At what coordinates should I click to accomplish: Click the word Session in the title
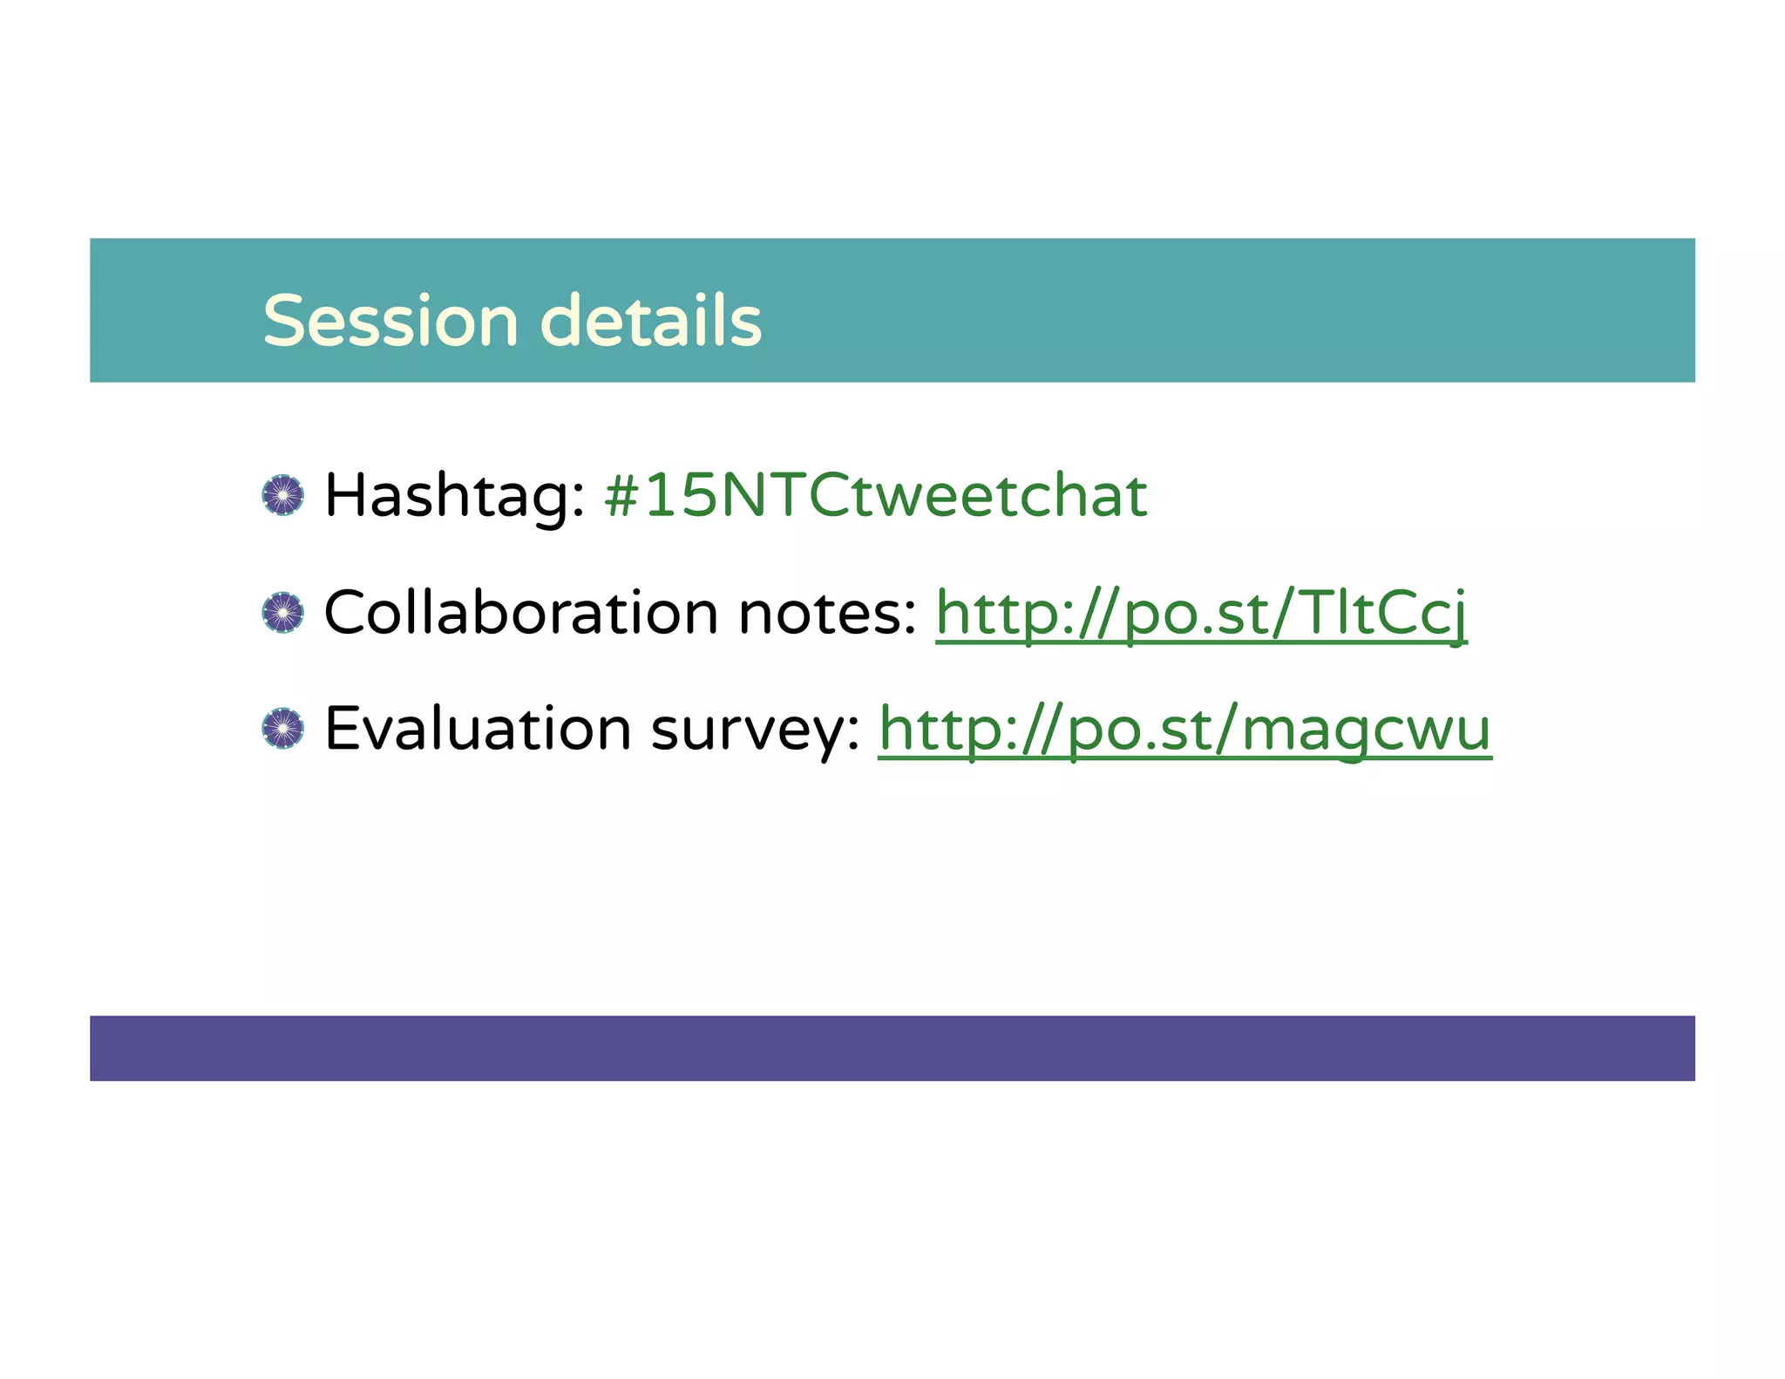point(390,321)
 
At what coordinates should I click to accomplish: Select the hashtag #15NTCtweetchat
point(876,495)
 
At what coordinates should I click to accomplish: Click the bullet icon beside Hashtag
point(283,495)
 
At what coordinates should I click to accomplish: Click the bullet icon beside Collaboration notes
point(283,612)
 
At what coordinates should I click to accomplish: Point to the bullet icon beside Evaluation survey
point(283,729)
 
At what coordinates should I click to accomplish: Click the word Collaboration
point(520,612)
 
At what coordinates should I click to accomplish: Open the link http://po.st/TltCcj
point(1201,614)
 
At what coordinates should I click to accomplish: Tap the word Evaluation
point(478,729)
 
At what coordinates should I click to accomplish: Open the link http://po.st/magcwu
point(1184,730)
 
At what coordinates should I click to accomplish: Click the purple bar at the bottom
point(892,1048)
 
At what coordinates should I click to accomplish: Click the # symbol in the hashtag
point(622,496)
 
